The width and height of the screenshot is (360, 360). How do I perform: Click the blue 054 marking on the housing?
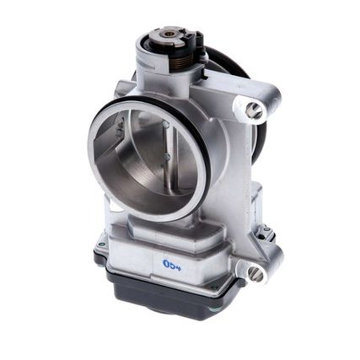pyautogui.click(x=171, y=263)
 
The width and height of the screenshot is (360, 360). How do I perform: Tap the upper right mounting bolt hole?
pyautogui.click(x=251, y=108)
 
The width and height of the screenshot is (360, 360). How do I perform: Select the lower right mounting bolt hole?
pyautogui.click(x=253, y=271)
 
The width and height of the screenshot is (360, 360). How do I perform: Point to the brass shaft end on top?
pyautogui.click(x=169, y=34)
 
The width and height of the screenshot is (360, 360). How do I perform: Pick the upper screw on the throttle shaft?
pyautogui.click(x=166, y=126)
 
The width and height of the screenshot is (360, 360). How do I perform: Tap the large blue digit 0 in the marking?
pyautogui.click(x=167, y=263)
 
